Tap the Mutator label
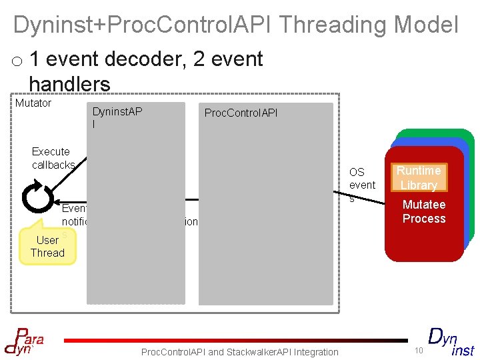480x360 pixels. (x=33, y=103)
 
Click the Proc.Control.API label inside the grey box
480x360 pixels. (x=241, y=113)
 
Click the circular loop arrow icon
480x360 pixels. (x=35, y=196)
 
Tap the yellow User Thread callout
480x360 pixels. (x=47, y=247)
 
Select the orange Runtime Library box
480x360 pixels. (x=419, y=178)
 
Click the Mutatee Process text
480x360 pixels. (x=424, y=211)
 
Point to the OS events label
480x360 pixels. (x=362, y=184)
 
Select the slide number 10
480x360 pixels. (x=418, y=351)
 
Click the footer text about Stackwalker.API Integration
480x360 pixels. (x=240, y=351)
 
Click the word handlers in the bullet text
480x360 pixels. (x=69, y=84)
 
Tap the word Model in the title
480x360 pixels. (x=427, y=25)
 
